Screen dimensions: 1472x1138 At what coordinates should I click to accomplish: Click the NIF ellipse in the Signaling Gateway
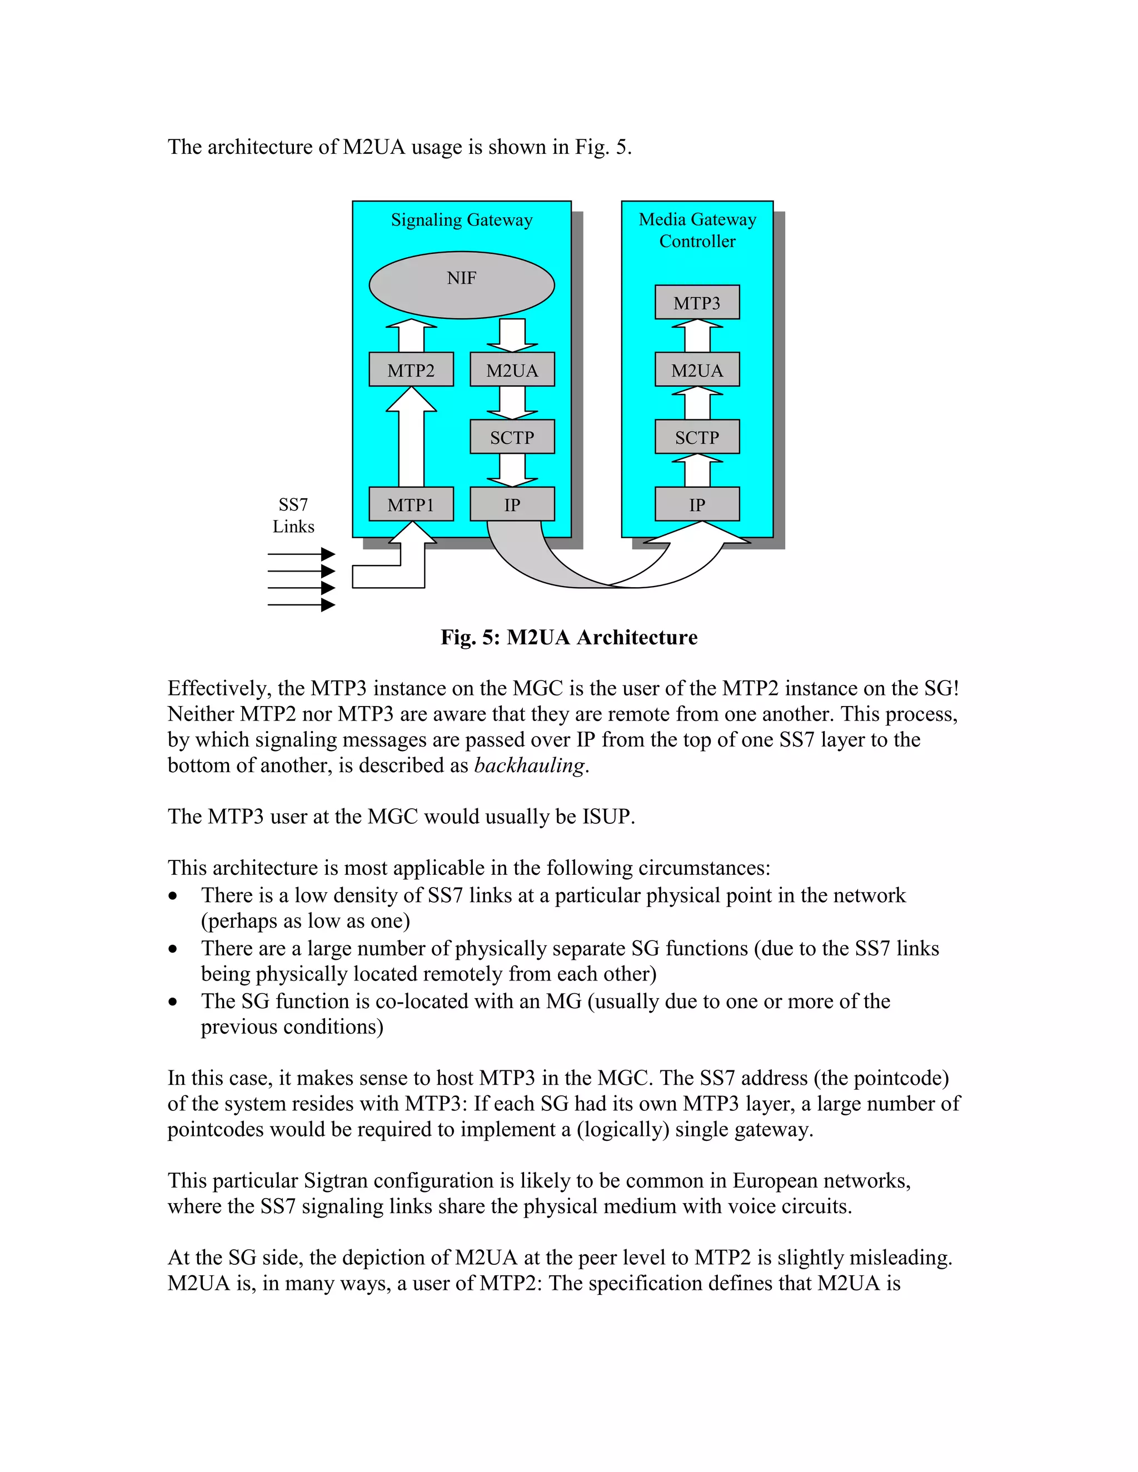pos(461,284)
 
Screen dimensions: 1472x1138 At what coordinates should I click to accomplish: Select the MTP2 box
pos(411,369)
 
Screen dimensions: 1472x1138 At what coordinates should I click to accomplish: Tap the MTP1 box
pos(411,504)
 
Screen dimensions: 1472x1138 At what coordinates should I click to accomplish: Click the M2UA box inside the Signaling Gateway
pos(512,369)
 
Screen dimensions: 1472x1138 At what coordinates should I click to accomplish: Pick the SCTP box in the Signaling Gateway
pos(512,437)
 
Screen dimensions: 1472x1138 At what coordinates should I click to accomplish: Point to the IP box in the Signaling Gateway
pos(512,504)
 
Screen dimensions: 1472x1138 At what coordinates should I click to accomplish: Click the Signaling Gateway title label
pos(461,220)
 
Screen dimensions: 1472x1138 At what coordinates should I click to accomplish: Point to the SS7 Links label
pos(293,515)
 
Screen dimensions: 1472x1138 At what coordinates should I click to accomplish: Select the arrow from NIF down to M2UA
pos(512,335)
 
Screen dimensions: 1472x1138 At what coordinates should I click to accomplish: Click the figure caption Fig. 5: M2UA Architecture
pos(568,637)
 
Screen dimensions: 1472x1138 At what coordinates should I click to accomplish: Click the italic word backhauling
pos(529,765)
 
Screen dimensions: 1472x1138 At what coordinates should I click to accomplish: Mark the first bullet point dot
pos(173,896)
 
